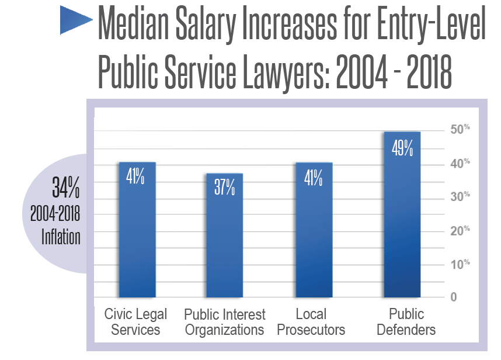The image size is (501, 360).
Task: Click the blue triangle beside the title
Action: pyautogui.click(x=74, y=22)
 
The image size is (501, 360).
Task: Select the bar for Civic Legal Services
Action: pyautogui.click(x=137, y=234)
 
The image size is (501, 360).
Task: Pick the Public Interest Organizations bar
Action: pyautogui.click(x=224, y=240)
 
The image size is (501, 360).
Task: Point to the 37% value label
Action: pyautogui.click(x=224, y=188)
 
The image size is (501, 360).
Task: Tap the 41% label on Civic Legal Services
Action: pyautogui.click(x=136, y=176)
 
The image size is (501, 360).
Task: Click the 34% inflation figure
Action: pyautogui.click(x=65, y=189)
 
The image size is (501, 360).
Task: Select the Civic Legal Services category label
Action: pyautogui.click(x=135, y=322)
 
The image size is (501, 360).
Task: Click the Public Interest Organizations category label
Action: pyautogui.click(x=224, y=322)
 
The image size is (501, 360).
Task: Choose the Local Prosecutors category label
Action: pyautogui.click(x=311, y=322)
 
